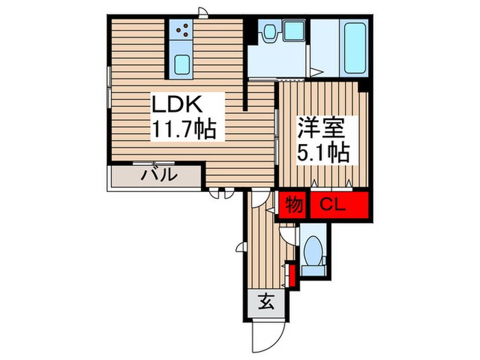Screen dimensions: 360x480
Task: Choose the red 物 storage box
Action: pos(294,204)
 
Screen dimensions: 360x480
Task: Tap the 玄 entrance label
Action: pos(266,302)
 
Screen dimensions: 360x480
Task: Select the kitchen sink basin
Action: pos(183,64)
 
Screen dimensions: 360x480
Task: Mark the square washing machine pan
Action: pos(296,30)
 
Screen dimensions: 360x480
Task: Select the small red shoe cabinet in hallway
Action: pos(292,276)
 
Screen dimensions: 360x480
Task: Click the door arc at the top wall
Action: pos(202,12)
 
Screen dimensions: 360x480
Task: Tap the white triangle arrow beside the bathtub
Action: pos(317,71)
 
